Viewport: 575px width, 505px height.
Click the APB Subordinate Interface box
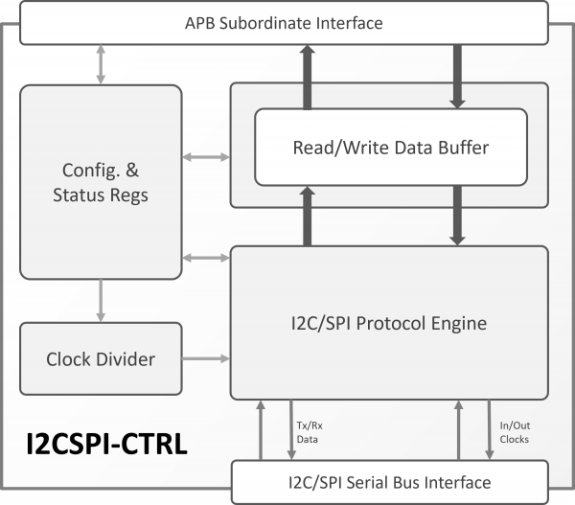pyautogui.click(x=283, y=23)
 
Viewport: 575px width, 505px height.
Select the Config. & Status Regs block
pyautogui.click(x=101, y=182)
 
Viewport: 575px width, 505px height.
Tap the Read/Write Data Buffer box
pyautogui.click(x=390, y=148)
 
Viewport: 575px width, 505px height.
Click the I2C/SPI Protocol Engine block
pyautogui.click(x=388, y=323)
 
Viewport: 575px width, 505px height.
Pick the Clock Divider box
pyautogui.click(x=101, y=360)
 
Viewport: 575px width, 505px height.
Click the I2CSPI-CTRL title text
pyautogui.click(x=105, y=445)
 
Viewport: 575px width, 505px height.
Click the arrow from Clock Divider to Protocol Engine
pyautogui.click(x=206, y=360)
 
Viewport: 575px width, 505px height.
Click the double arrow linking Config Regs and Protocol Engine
pyautogui.click(x=206, y=258)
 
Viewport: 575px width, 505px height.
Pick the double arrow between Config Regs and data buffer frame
pyautogui.click(x=206, y=156)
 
